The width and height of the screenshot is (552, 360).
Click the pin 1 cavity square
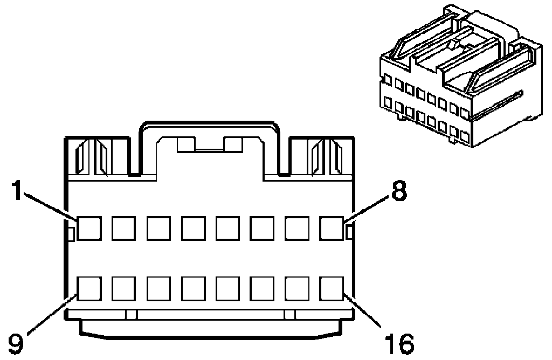click(89, 228)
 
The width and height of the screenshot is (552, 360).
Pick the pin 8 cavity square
click(332, 228)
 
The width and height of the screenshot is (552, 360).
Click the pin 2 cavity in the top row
click(123, 228)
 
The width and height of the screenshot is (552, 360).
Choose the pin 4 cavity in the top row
click(193, 228)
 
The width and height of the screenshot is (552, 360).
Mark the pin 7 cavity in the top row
click(297, 228)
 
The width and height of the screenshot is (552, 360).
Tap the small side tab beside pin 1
click(70, 232)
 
